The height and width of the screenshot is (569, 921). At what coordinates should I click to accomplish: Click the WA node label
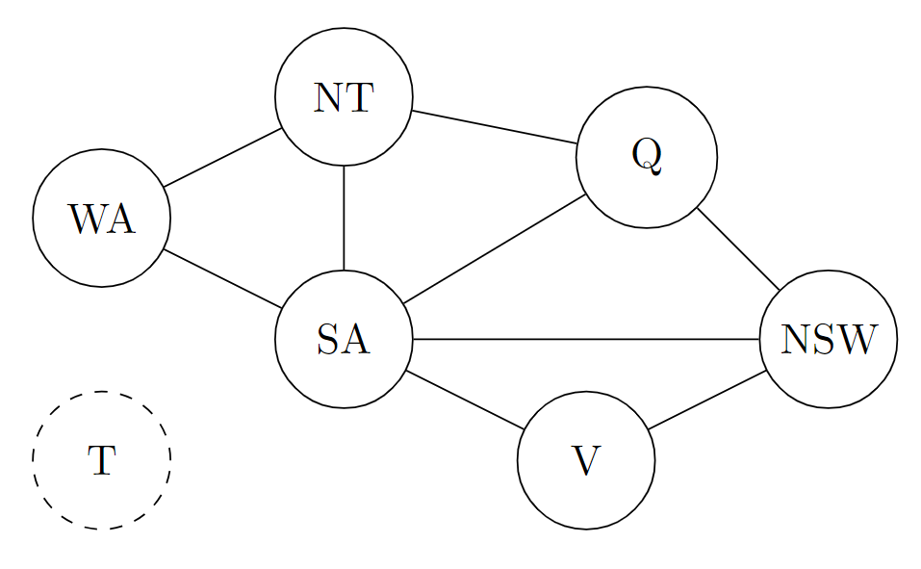[x=101, y=220]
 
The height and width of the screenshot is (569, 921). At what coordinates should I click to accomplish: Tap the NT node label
[x=343, y=98]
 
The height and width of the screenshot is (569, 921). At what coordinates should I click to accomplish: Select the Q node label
[x=647, y=157]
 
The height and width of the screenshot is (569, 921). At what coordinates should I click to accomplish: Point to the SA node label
[x=343, y=340]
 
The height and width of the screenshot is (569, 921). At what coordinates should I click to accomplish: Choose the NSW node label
[x=828, y=340]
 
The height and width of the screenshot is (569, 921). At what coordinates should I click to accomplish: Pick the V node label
[x=585, y=461]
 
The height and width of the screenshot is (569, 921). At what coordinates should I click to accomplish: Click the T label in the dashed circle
[x=101, y=461]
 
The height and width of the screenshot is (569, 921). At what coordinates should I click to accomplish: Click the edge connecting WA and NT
[x=222, y=158]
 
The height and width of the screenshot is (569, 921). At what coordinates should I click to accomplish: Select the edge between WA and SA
[x=222, y=279]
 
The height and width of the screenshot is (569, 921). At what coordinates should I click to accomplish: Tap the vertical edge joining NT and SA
[x=344, y=219]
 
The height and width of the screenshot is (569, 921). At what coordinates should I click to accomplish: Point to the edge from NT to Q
[x=494, y=128]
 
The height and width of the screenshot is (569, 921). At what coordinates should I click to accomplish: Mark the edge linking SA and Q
[x=496, y=249]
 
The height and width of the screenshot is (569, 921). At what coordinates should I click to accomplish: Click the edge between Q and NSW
[x=738, y=248]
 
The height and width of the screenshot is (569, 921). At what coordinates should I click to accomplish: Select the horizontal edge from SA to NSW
[x=585, y=340]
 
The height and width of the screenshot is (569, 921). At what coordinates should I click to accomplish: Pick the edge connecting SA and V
[x=465, y=400]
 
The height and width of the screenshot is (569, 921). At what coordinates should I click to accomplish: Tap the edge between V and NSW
[x=706, y=400]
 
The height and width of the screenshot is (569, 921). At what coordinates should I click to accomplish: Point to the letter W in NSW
[x=857, y=340]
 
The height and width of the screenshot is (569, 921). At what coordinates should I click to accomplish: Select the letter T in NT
[x=357, y=98]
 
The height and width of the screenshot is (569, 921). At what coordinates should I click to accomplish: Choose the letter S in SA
[x=326, y=340]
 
